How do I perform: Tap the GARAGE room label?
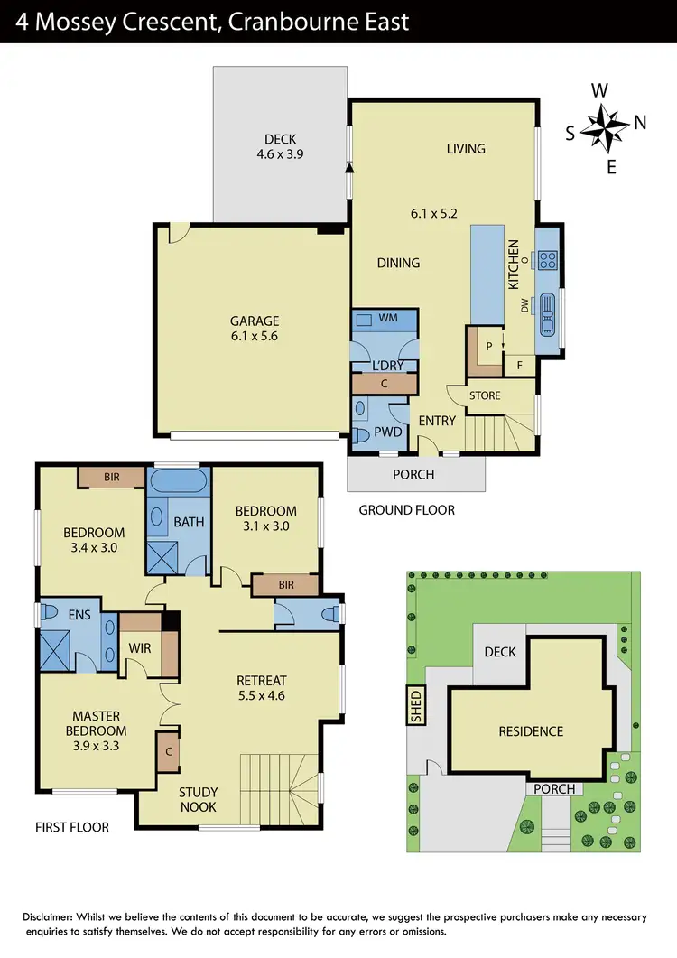tap(254, 321)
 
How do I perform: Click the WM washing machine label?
tap(389, 319)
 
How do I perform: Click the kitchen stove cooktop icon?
tap(547, 261)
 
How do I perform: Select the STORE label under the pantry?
tap(486, 395)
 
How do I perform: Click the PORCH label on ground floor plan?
tap(414, 474)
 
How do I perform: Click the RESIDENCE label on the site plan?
tap(531, 731)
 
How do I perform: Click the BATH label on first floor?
tap(189, 521)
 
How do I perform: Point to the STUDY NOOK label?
tap(199, 800)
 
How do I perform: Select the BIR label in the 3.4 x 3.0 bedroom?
tap(110, 476)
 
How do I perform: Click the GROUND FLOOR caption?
tap(406, 510)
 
